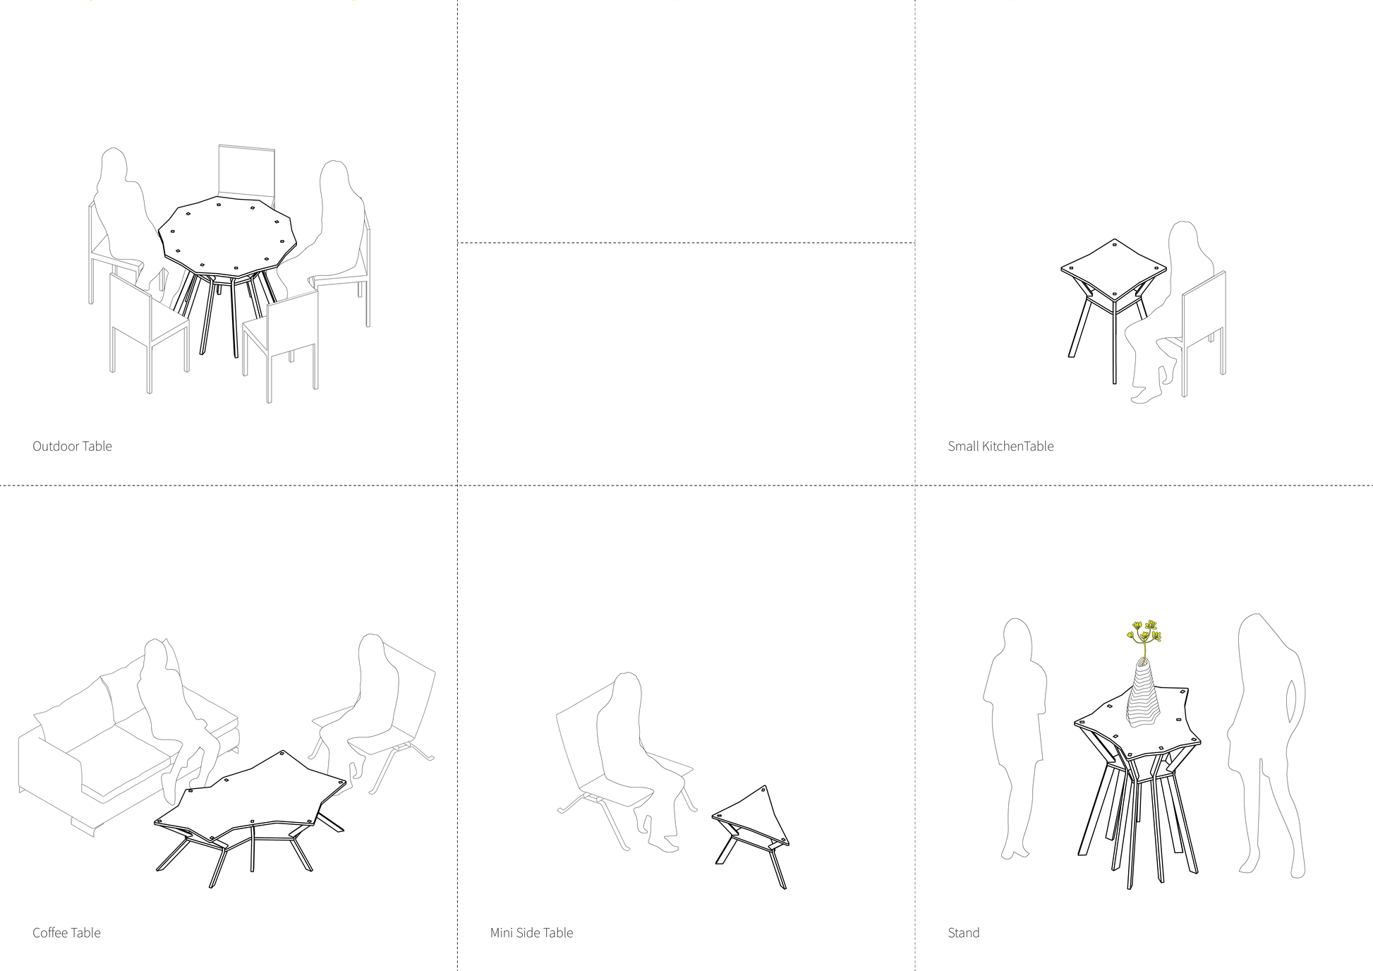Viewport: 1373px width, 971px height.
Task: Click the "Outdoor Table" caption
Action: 72,446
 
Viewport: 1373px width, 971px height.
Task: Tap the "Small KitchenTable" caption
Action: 1000,446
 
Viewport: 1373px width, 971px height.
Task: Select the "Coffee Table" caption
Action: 66,933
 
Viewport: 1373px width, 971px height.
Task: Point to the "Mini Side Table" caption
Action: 531,933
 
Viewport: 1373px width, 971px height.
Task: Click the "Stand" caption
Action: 964,933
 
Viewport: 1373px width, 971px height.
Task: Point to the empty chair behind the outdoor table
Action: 246,173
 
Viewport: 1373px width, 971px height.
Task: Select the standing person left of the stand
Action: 1016,734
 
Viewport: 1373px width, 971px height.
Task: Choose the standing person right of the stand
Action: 1266,741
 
